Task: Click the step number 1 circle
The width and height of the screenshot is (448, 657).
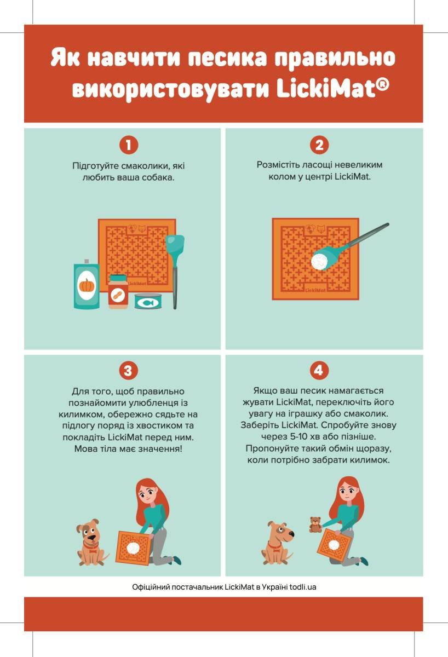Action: (x=129, y=145)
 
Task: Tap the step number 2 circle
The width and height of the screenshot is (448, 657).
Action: (x=319, y=145)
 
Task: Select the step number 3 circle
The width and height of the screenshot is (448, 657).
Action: (x=128, y=371)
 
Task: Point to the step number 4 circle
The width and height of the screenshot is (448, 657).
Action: (x=319, y=370)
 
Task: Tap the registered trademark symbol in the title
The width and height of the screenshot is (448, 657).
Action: (x=382, y=85)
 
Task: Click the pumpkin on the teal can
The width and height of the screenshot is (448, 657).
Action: (x=85, y=285)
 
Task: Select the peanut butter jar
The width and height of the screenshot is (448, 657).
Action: (x=118, y=291)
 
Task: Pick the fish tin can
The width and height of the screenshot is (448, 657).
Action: (x=148, y=301)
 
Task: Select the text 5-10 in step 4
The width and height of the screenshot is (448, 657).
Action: (x=299, y=436)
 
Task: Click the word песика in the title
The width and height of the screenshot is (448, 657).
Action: (x=228, y=58)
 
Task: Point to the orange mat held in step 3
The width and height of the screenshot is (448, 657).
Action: (x=134, y=547)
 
